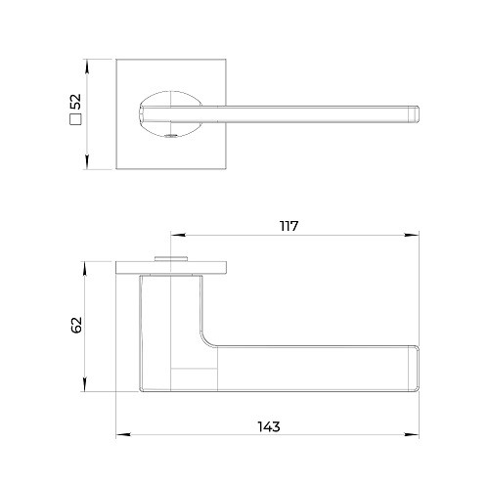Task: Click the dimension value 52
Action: click(x=75, y=102)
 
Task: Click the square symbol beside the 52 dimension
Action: click(x=75, y=119)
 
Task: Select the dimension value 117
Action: click(x=289, y=226)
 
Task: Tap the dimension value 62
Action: click(x=76, y=325)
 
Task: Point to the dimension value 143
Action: click(x=269, y=426)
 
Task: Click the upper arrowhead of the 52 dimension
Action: click(x=87, y=67)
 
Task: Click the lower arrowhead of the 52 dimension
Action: click(x=87, y=162)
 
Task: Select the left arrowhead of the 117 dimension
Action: click(x=178, y=235)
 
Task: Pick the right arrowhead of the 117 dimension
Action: click(x=412, y=235)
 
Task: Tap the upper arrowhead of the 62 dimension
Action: click(x=85, y=269)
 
